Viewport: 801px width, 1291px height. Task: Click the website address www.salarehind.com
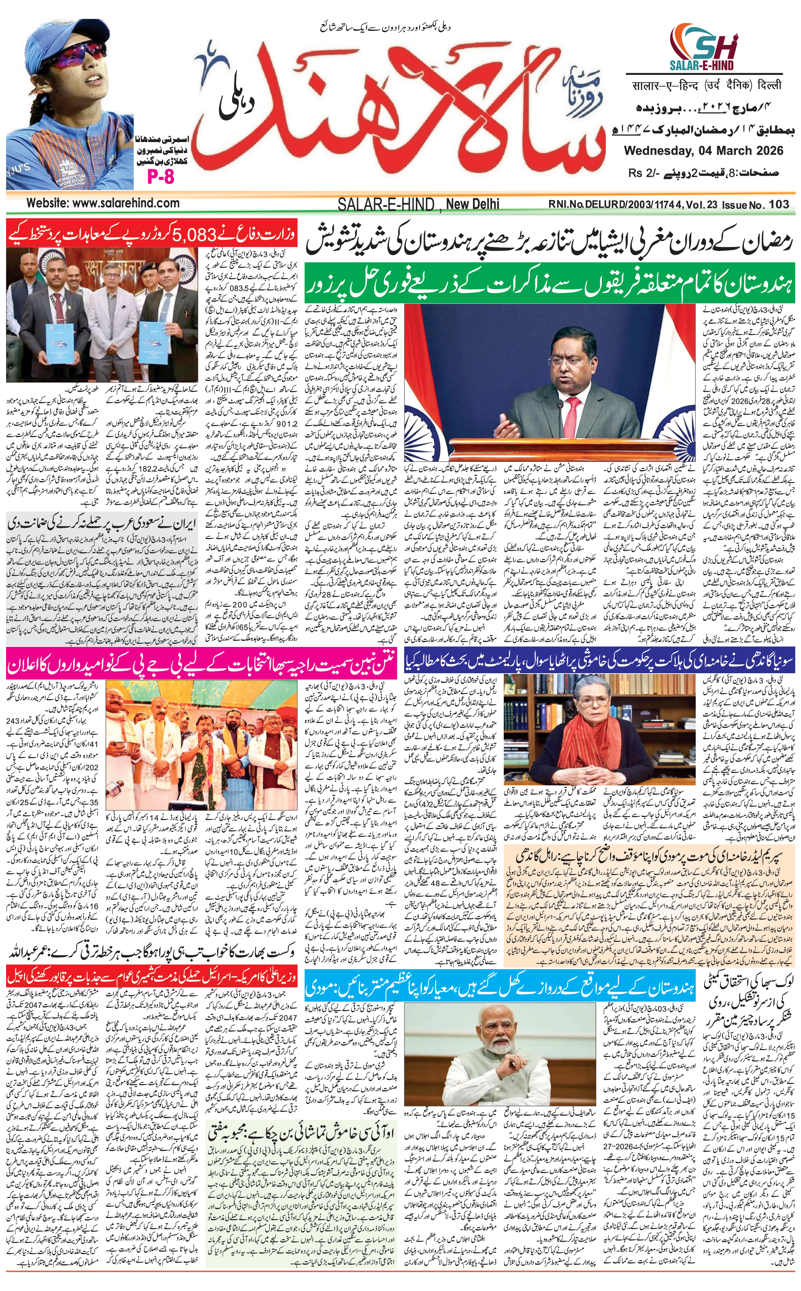tap(103, 203)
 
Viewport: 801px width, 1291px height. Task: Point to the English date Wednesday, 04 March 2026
tap(703, 150)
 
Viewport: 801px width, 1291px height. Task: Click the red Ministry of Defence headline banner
tap(151, 234)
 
